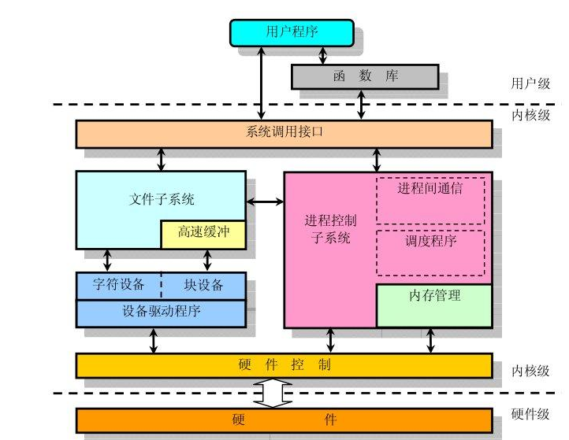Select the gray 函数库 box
tap(364, 76)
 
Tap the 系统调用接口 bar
tap(284, 133)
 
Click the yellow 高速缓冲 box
tap(203, 234)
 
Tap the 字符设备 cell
tap(118, 284)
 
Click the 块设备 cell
tap(203, 284)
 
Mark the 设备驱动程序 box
tap(161, 312)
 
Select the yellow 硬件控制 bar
tap(284, 365)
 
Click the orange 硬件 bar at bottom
tap(284, 420)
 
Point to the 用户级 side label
tap(530, 83)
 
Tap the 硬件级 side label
tap(530, 415)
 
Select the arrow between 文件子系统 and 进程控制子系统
tap(265, 202)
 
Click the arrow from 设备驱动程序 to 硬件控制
tap(154, 340)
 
